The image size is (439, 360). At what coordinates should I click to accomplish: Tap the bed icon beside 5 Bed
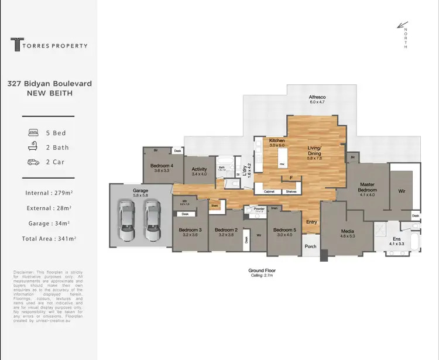click(33, 133)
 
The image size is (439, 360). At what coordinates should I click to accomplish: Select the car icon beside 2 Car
click(33, 162)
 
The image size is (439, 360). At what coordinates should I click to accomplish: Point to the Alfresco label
click(317, 99)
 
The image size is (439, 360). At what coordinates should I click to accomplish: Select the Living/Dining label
click(315, 152)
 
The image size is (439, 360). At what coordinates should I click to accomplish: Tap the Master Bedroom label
click(368, 188)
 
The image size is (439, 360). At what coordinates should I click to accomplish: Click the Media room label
click(348, 233)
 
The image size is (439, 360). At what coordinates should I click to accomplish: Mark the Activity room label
click(199, 172)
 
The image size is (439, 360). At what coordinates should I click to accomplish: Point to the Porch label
click(311, 246)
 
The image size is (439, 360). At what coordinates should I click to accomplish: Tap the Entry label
click(311, 222)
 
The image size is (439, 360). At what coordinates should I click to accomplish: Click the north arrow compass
click(403, 26)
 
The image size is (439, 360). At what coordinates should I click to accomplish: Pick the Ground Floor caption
click(262, 271)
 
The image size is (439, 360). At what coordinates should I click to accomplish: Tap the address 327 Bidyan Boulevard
click(49, 84)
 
